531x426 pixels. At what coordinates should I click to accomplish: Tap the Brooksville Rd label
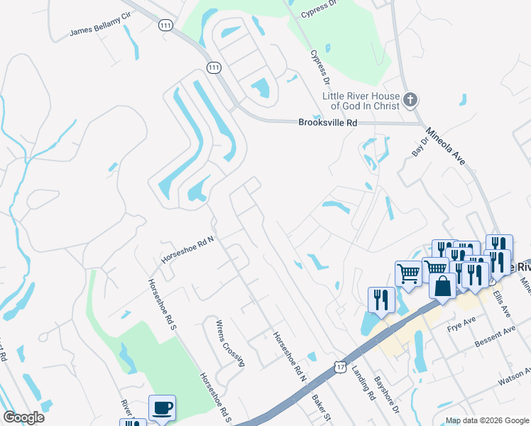[x=327, y=123]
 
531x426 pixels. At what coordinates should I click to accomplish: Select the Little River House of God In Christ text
[x=361, y=101]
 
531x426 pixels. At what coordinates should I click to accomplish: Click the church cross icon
[x=410, y=100]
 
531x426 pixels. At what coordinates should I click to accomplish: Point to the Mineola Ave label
[x=444, y=146]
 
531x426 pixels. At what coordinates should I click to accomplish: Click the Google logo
[x=23, y=417]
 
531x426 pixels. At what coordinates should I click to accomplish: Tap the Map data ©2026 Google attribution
[x=486, y=420]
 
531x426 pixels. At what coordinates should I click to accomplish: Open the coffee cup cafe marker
[x=162, y=408]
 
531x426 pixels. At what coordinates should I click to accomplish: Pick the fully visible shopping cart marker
[x=408, y=273]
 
